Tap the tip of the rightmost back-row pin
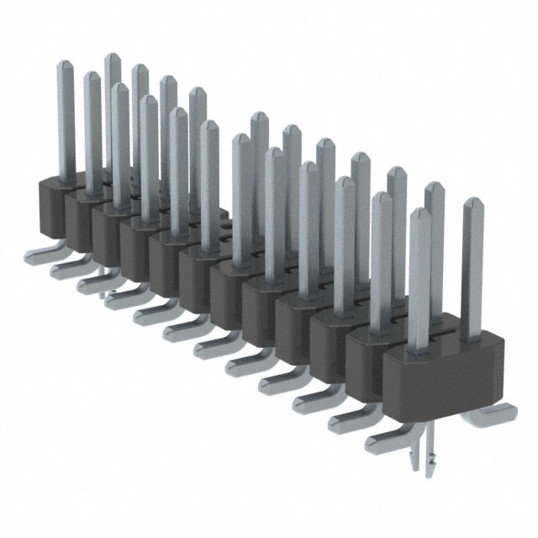472,203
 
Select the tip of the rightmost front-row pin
419,213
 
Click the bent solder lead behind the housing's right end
493,413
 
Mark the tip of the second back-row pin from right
434,186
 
